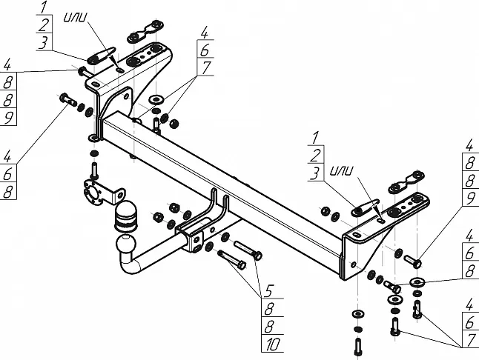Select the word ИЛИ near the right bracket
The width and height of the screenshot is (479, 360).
pos(344,171)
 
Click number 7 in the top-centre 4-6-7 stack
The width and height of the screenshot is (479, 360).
pos(205,67)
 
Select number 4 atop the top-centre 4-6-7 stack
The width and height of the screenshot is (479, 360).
pos(205,33)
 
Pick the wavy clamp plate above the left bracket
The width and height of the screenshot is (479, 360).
pos(141,36)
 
